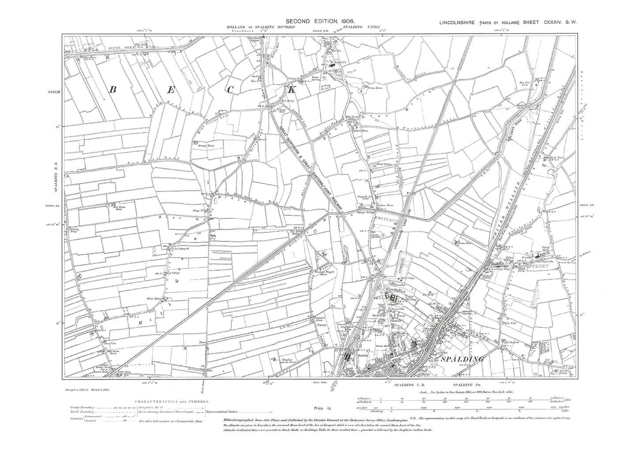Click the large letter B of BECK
[x=112, y=90]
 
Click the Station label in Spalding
[x=362, y=355]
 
